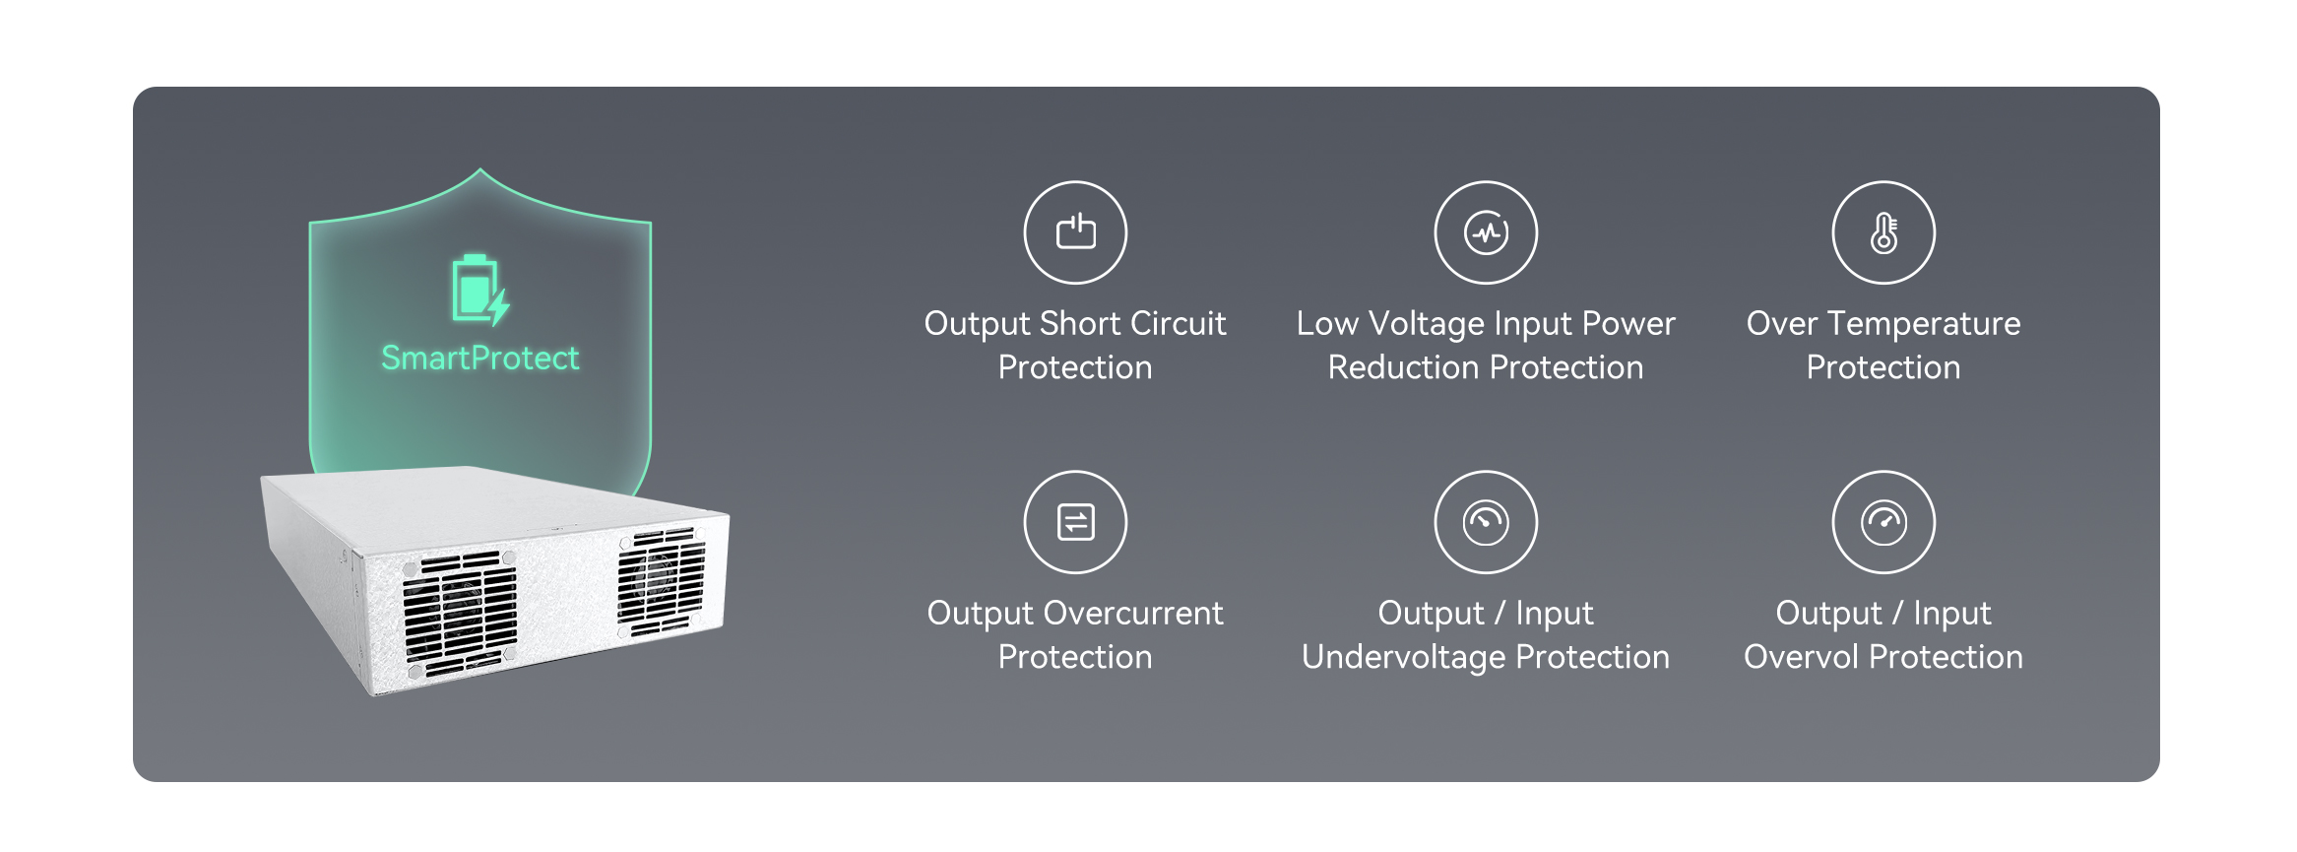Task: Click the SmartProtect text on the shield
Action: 480,358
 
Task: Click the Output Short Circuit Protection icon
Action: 1075,232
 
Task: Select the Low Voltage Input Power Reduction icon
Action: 1486,232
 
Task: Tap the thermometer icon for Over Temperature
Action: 1883,232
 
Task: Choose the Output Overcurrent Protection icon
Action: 1075,522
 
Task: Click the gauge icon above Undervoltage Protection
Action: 1486,522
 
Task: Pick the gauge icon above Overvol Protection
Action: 1883,522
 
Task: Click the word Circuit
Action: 1178,323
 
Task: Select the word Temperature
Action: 1924,325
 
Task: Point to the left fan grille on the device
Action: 459,614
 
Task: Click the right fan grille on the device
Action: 661,582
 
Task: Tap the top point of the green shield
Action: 480,169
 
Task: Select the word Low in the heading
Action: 1327,323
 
